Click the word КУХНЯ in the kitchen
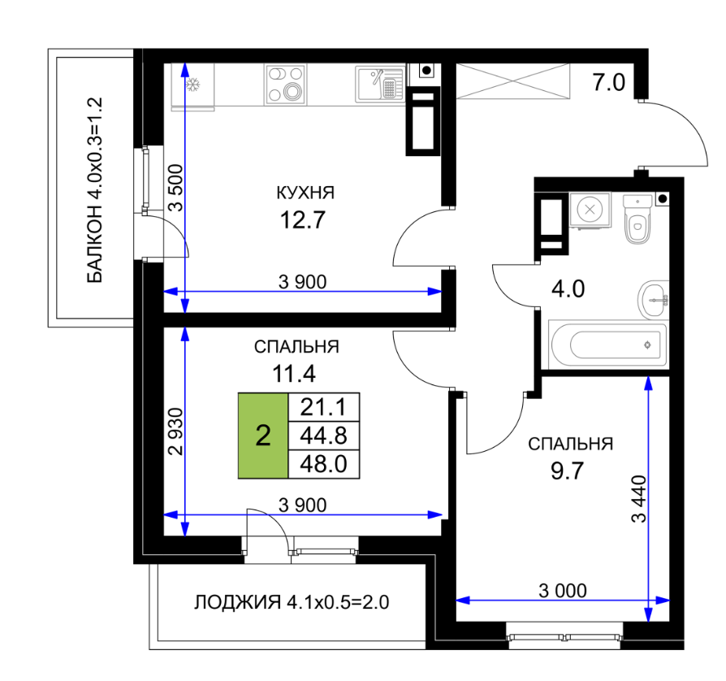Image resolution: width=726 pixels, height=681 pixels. (305, 193)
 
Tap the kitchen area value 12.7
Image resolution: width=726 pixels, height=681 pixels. (303, 219)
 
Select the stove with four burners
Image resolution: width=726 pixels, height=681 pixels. (286, 85)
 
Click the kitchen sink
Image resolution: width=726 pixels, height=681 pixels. (380, 85)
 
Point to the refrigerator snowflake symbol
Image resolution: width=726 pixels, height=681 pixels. (192, 85)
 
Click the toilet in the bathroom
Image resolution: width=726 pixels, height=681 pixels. (637, 219)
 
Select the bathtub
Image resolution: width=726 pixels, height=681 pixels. (608, 345)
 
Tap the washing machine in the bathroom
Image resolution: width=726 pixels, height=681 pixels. (590, 210)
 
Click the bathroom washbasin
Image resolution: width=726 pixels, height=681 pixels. (653, 300)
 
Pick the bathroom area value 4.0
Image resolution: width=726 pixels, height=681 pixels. (568, 288)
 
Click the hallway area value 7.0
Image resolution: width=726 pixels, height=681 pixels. (608, 82)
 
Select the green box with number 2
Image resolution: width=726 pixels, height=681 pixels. (263, 436)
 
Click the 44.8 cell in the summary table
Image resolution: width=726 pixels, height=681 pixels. (324, 436)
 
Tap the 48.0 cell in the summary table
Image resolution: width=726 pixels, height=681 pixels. (324, 464)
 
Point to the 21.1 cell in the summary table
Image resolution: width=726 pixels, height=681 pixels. (324, 407)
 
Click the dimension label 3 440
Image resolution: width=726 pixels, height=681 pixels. (639, 499)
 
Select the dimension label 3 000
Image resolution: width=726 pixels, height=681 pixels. (563, 591)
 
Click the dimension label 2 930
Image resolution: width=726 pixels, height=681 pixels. (176, 432)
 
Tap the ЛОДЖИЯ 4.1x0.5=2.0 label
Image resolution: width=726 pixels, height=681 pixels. (292, 602)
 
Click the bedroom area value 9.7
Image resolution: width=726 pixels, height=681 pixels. (567, 471)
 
